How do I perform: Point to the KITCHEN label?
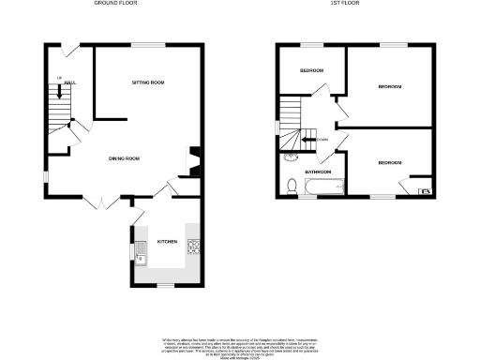[x=167, y=242]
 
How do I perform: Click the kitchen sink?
[x=139, y=249]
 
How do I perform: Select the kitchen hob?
[x=194, y=247]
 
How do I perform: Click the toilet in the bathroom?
[x=292, y=187]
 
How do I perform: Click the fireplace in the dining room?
[x=192, y=159]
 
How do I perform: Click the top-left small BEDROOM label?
[x=312, y=71]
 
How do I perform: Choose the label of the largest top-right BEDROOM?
[x=390, y=87]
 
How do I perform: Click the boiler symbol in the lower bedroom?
[x=425, y=191]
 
